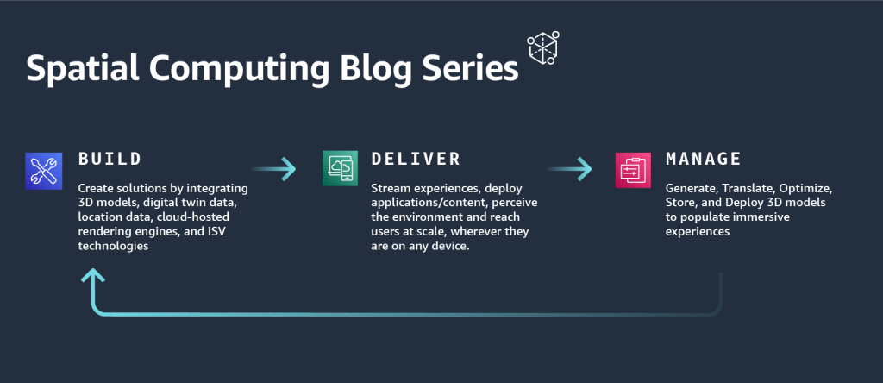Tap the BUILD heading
pyautogui.click(x=110, y=160)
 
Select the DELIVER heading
pyautogui.click(x=416, y=160)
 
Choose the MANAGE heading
pyautogui.click(x=704, y=160)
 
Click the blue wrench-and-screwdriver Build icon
pyautogui.click(x=44, y=169)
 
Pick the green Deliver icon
pyautogui.click(x=340, y=169)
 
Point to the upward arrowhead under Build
pyautogui.click(x=93, y=275)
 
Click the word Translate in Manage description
pyautogui.click(x=755, y=188)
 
